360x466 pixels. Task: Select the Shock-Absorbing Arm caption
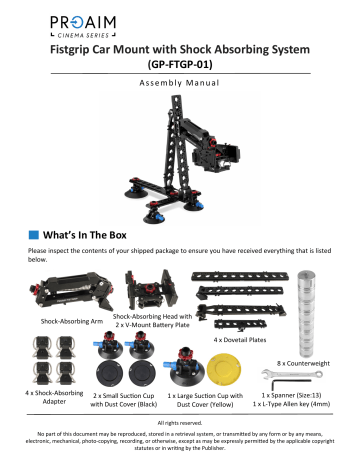pos(72,323)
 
